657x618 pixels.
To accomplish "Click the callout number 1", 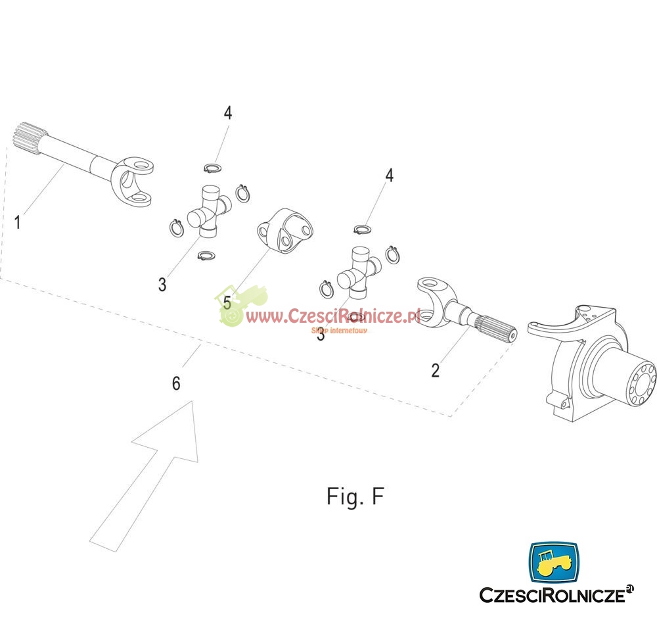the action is tap(18, 222).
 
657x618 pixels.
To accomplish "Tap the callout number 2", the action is tap(436, 371).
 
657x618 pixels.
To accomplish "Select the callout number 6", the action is tap(176, 383).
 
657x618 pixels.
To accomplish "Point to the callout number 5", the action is tap(227, 302).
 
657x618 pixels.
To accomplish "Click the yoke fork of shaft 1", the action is tap(133, 181).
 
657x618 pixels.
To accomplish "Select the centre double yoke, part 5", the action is tap(285, 231).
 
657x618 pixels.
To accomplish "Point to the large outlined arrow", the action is tap(145, 474).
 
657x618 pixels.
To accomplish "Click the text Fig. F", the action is tap(355, 497).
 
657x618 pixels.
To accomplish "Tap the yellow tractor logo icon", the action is tap(554, 563).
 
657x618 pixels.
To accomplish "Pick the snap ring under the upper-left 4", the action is tap(212, 168).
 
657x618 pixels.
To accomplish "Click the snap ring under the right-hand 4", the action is tap(363, 229).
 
